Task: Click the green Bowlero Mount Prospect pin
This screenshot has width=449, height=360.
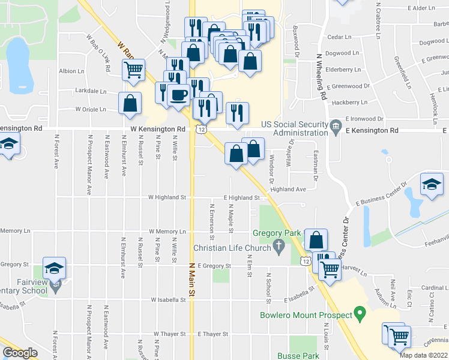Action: [x=360, y=313]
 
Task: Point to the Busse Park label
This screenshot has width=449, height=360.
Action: [x=298, y=356]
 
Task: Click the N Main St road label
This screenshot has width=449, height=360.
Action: [x=193, y=281]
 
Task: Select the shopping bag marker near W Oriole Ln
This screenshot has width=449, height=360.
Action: [x=130, y=103]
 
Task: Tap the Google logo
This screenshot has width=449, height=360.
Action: [x=20, y=353]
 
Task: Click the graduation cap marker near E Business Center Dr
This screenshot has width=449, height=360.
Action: [x=432, y=184]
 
